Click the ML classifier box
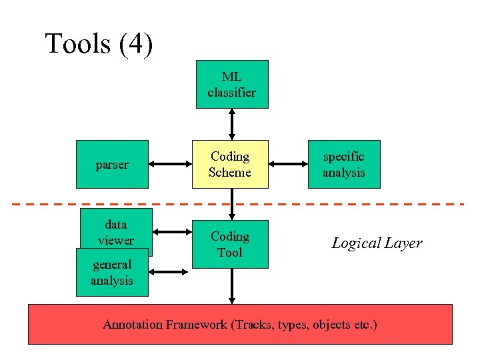(x=231, y=84)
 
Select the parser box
(x=112, y=164)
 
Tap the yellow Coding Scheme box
(x=230, y=164)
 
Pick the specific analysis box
(x=343, y=164)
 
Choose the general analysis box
(x=111, y=272)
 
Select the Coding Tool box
(x=230, y=244)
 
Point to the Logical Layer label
(x=377, y=243)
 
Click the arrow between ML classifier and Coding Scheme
(x=231, y=124)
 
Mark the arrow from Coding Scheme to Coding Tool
(x=231, y=204)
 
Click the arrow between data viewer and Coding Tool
(x=172, y=233)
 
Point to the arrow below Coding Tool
(x=231, y=286)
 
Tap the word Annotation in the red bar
(x=132, y=325)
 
